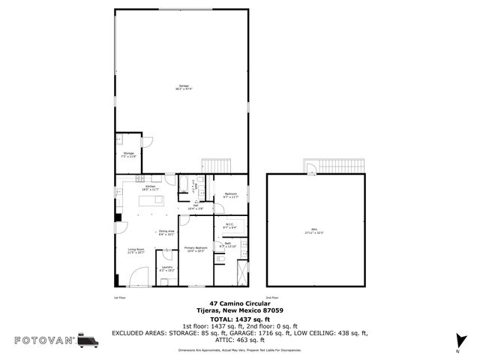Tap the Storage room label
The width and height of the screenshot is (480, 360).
[x=128, y=155]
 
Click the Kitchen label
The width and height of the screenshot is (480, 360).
[x=150, y=188]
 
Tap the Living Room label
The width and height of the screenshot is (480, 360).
[x=136, y=250]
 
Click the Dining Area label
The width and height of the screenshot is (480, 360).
[x=166, y=232]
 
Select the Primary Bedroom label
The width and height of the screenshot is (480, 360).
[x=194, y=249]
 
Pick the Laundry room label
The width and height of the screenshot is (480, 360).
[x=166, y=268]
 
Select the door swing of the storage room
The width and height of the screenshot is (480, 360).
[x=148, y=140]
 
